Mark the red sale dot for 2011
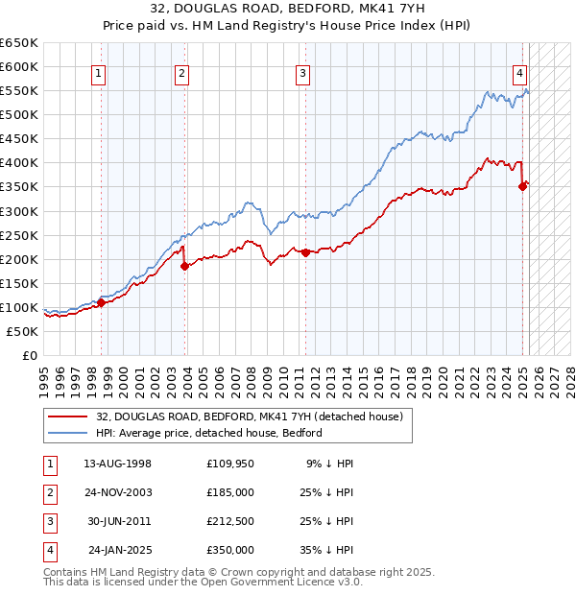coord(305,252)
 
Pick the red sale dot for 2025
coord(523,186)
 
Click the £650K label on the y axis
coord(19,43)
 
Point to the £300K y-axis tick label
coord(19,211)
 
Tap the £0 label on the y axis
coord(29,355)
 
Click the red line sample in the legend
coord(67,416)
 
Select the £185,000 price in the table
coord(230,492)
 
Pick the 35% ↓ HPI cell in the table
coord(325,550)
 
